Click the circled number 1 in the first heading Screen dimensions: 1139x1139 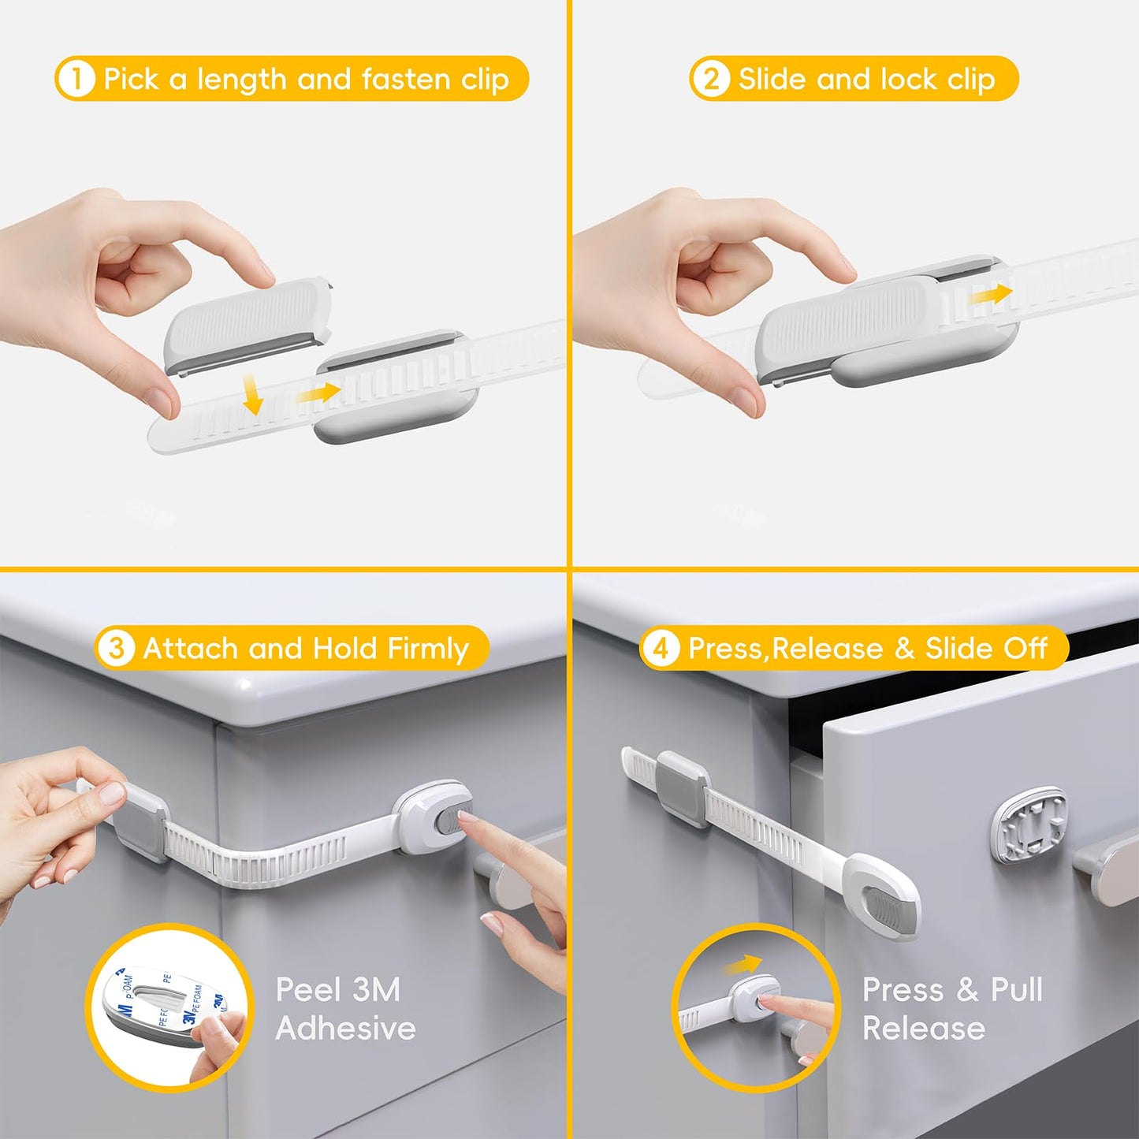(x=76, y=79)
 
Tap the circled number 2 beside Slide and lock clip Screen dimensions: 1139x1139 (x=711, y=79)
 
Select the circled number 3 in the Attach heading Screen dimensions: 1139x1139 (x=116, y=648)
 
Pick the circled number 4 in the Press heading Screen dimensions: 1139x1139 (x=661, y=648)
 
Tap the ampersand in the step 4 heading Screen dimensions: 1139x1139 (x=904, y=648)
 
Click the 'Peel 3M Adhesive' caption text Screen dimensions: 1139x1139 (x=344, y=1008)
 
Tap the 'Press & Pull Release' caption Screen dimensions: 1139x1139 (x=951, y=1008)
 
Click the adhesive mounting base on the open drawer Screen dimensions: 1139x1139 (x=1029, y=824)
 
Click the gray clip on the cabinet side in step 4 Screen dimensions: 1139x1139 (x=683, y=788)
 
